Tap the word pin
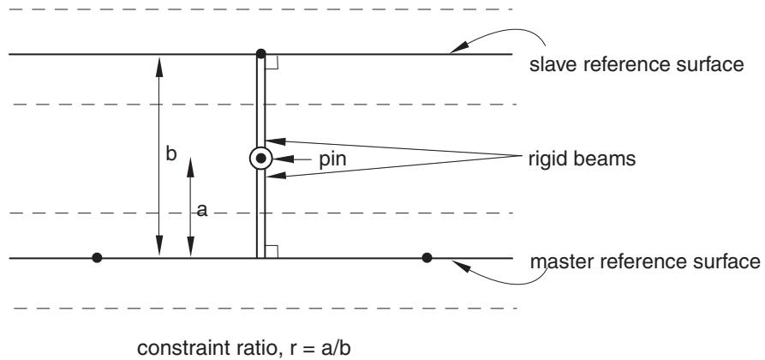click(x=332, y=159)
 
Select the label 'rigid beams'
click(x=582, y=159)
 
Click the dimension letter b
click(x=170, y=153)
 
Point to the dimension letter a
click(x=202, y=210)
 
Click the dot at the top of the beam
click(x=261, y=53)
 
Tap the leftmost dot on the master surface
click(x=97, y=257)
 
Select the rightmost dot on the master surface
click(x=427, y=257)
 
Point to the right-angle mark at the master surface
click(x=272, y=251)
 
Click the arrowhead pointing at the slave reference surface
click(x=457, y=48)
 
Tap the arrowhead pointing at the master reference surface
click(x=460, y=266)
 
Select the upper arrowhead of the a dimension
click(x=190, y=167)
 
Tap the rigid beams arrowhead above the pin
click(x=275, y=141)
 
